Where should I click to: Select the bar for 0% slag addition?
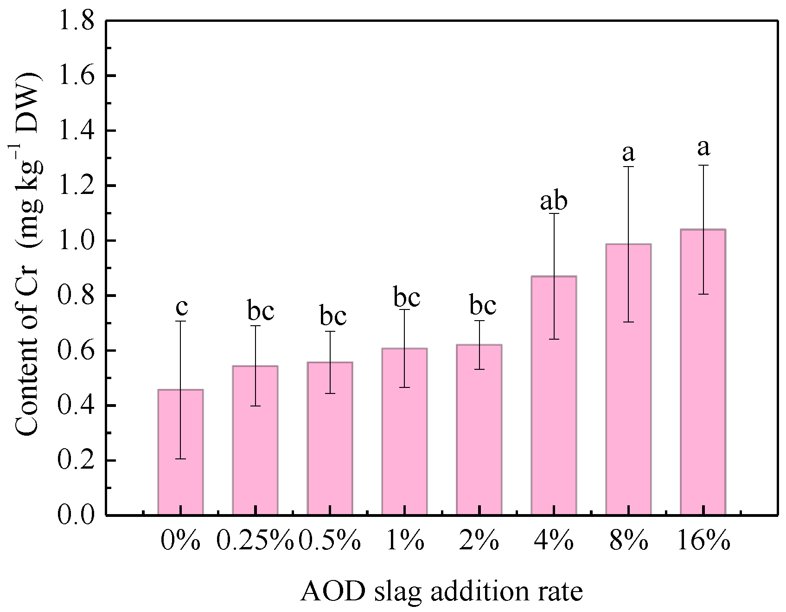(180, 452)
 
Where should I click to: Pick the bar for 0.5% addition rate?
(330, 438)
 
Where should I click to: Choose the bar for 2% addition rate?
(479, 430)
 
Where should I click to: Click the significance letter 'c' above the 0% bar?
(182, 306)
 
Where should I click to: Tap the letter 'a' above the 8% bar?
(629, 152)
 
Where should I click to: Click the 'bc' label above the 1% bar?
(407, 297)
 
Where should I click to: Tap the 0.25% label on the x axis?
(256, 541)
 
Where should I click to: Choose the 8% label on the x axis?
(629, 541)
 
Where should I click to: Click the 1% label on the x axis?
(405, 541)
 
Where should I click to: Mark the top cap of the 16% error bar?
(703, 165)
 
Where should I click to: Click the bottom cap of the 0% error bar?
(180, 459)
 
